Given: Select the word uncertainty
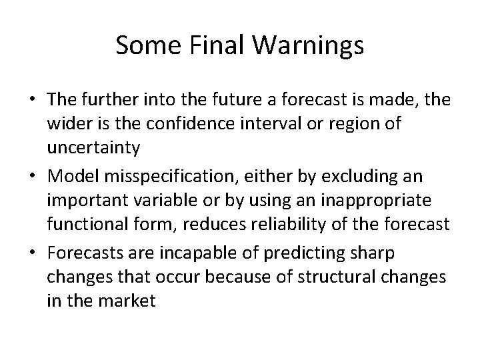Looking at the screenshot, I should tap(93, 147).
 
